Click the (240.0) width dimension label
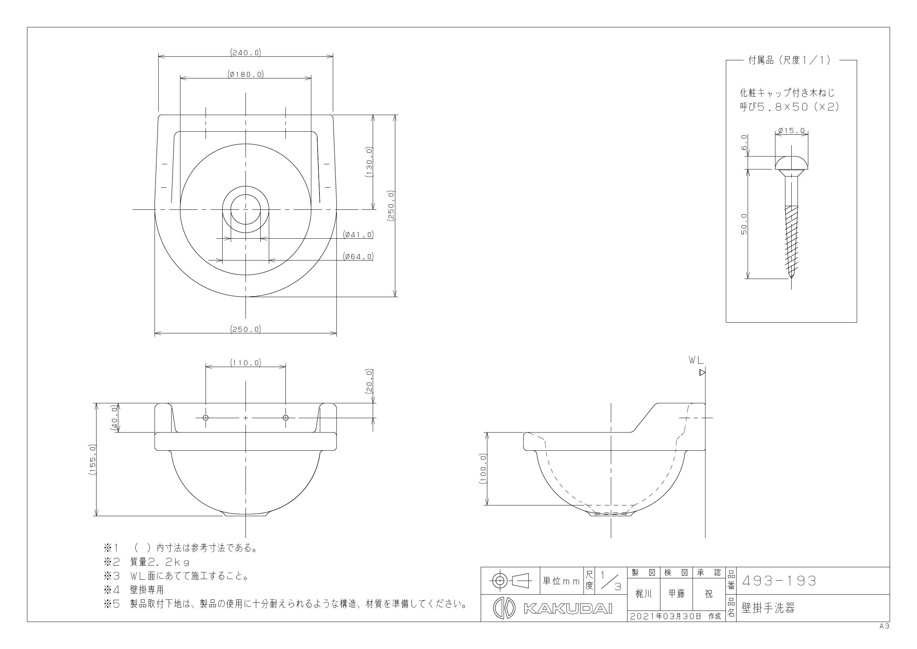[246, 52]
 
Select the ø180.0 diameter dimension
[246, 74]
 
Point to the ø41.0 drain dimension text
[358, 235]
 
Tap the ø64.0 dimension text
[358, 256]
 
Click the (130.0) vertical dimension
[369, 162]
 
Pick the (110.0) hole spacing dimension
[246, 363]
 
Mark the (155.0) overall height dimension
[92, 460]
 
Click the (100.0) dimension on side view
[483, 469]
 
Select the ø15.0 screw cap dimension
[792, 131]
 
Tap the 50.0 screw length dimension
[744, 224]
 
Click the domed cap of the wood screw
[792, 163]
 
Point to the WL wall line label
[696, 360]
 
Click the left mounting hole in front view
[206, 418]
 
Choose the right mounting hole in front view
[285, 418]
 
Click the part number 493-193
[779, 581]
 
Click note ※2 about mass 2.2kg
[147, 562]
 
